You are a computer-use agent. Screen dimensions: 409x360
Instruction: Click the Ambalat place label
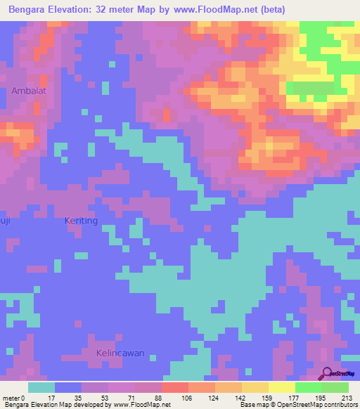tap(27, 91)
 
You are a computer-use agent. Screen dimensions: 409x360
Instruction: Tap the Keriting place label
tap(81, 221)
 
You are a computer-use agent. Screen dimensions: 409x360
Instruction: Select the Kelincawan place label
tap(120, 353)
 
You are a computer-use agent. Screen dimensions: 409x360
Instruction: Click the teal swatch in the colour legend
tap(41, 387)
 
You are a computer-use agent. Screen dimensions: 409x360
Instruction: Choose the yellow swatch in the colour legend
tap(281, 387)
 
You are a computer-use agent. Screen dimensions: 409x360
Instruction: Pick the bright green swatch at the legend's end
tap(335, 387)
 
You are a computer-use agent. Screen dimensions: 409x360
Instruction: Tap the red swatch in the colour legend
tap(174, 387)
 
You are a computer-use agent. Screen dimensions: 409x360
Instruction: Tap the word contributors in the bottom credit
tap(337, 405)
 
